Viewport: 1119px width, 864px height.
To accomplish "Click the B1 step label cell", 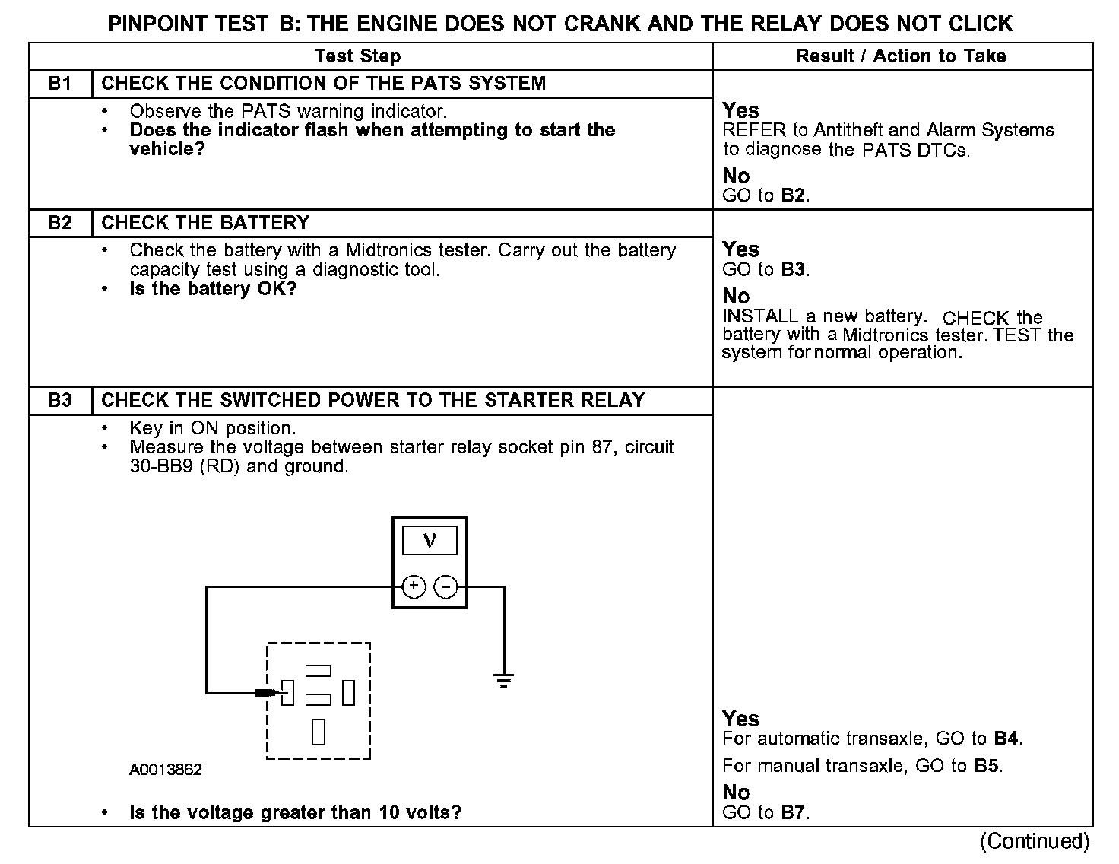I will [x=60, y=84].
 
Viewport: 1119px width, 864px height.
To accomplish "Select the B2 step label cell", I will [x=60, y=223].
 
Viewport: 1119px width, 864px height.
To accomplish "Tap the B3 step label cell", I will [x=60, y=401].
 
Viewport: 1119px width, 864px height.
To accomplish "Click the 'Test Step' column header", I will [x=357, y=56].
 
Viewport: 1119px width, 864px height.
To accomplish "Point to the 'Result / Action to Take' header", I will [x=901, y=56].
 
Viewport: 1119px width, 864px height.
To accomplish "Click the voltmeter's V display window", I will [x=430, y=540].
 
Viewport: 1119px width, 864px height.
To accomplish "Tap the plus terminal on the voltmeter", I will [x=414, y=586].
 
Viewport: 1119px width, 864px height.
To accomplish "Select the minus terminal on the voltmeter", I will [x=445, y=586].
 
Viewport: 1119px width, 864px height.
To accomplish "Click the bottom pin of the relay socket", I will [x=319, y=731].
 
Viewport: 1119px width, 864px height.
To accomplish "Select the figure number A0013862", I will [x=166, y=770].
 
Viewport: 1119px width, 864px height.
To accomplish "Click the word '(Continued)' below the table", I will [x=1035, y=840].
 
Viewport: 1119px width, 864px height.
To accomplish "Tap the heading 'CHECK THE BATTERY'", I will [x=205, y=223].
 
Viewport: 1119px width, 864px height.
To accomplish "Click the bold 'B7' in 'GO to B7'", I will [x=792, y=812].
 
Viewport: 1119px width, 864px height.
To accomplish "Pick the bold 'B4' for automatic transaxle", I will [x=1006, y=738].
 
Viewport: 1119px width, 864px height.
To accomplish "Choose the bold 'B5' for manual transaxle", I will [x=986, y=765].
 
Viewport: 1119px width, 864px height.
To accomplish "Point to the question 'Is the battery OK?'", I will [x=213, y=289].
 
